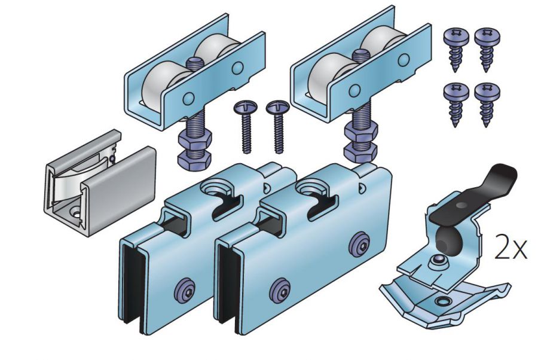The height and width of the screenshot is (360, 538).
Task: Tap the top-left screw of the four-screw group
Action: click(456, 48)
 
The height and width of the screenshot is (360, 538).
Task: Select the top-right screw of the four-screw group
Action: click(487, 48)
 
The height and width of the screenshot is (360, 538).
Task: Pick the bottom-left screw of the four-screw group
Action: click(456, 103)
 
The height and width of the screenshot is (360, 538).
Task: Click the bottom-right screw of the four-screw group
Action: click(487, 103)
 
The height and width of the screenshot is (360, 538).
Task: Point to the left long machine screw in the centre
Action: click(246, 125)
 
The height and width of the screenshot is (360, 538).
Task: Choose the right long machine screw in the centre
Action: click(277, 125)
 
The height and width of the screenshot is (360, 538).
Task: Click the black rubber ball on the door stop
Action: click(450, 240)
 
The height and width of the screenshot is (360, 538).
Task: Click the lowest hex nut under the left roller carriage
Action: click(194, 161)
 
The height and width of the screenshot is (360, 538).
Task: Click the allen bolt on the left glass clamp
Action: click(185, 291)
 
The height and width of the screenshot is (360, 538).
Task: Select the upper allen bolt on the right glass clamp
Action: click(360, 245)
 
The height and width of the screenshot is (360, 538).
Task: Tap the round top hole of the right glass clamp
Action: click(311, 188)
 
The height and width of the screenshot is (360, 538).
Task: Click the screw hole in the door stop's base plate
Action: click(442, 301)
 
